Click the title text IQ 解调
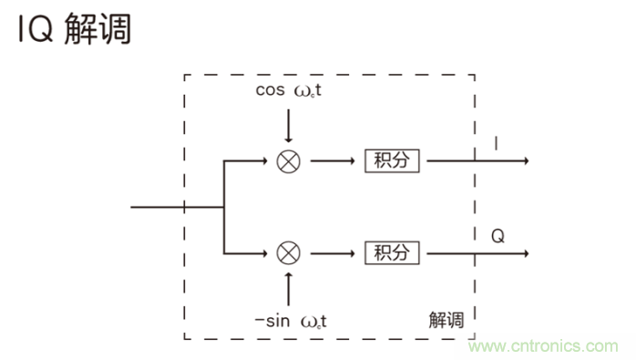(73, 29)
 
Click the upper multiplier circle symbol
(289, 160)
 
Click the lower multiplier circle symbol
(289, 252)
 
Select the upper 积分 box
(393, 160)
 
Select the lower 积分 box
(393, 252)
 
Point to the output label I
(496, 144)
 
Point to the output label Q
(498, 236)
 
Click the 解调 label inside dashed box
(446, 320)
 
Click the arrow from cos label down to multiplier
(289, 126)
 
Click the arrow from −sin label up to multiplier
(289, 287)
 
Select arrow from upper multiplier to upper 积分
(332, 160)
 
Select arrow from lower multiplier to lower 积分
(332, 252)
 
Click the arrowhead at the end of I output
(524, 160)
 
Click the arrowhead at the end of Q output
(524, 252)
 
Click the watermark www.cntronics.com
(544, 346)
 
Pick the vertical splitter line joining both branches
(224, 206)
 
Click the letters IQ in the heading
(37, 29)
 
